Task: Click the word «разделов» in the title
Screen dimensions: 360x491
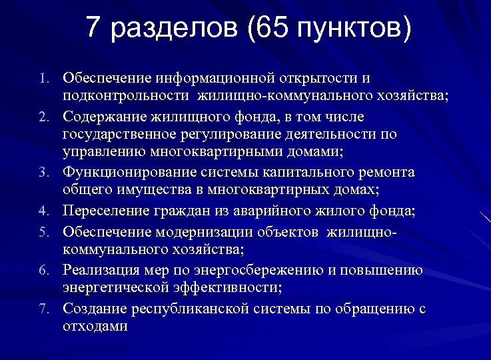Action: (x=175, y=29)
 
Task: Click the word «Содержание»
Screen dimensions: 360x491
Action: (x=105, y=117)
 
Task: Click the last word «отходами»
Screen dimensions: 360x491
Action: (x=95, y=327)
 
